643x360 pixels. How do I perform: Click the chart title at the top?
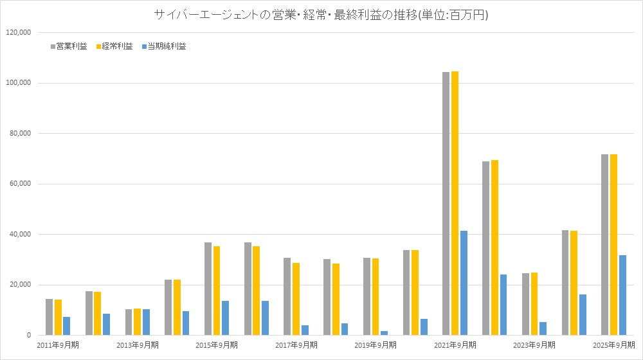(x=321, y=15)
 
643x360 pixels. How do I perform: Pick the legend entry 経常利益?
(x=116, y=46)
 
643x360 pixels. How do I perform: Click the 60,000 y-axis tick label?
(x=19, y=184)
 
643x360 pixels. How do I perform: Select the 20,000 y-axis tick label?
(x=19, y=285)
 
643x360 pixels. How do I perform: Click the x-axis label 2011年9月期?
(x=58, y=345)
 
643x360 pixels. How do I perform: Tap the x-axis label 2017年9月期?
(x=296, y=345)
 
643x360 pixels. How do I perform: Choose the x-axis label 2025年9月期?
(x=613, y=345)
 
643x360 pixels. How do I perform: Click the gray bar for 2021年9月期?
(x=446, y=203)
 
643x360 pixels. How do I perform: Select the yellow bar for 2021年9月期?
(x=455, y=203)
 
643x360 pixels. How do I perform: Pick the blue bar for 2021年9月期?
(x=464, y=283)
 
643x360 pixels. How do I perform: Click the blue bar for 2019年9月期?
(x=385, y=333)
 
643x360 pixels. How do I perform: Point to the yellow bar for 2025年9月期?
(x=613, y=244)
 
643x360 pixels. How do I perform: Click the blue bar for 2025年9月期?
(x=622, y=295)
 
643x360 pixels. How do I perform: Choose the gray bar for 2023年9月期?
(x=525, y=304)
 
